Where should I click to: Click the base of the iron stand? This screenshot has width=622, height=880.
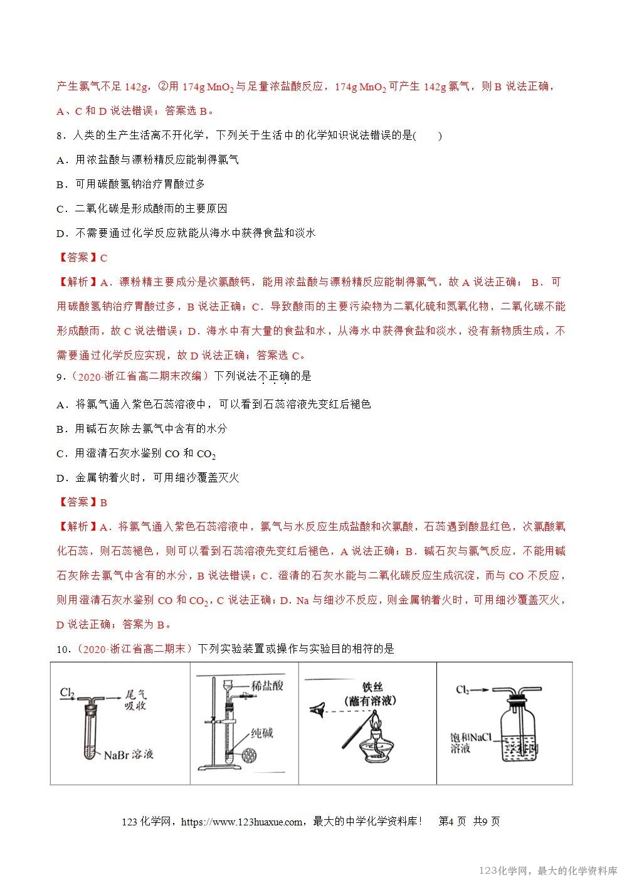pyautogui.click(x=219, y=766)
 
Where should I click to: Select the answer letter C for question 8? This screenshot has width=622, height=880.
pyautogui.click(x=104, y=258)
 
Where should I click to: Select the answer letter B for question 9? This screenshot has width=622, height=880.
pyautogui.click(x=104, y=502)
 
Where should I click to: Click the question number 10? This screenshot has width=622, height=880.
pyautogui.click(x=62, y=649)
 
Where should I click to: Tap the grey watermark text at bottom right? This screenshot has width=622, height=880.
pyautogui.click(x=547, y=871)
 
